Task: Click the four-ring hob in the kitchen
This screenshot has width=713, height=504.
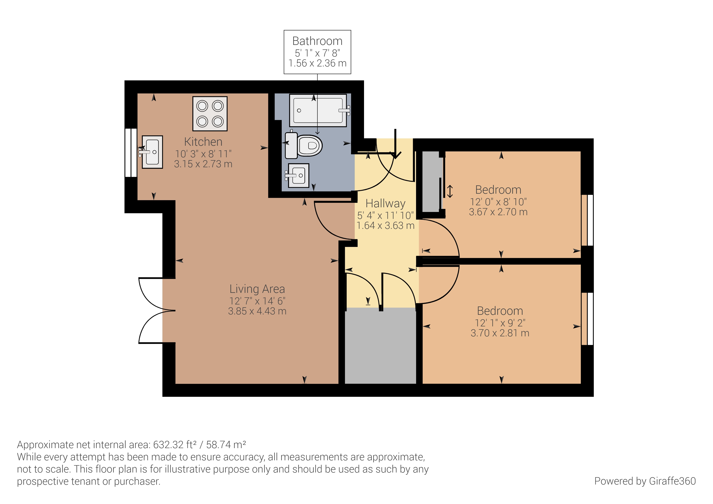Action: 210,114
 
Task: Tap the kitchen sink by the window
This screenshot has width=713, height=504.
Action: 152,152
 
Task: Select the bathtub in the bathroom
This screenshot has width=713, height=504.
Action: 318,111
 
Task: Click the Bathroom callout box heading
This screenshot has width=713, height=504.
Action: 317,41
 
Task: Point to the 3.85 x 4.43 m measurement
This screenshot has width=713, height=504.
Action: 257,311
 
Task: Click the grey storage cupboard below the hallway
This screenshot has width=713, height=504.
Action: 380,346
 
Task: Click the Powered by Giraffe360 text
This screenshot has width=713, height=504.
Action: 645,481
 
